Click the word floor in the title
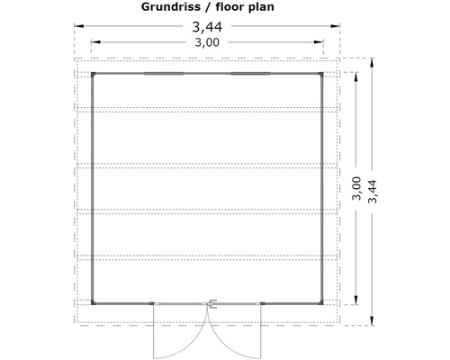pyautogui.click(x=236, y=8)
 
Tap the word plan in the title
pyautogui.click(x=274, y=8)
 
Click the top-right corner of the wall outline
pyautogui.click(x=323, y=72)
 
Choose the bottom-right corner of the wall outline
pyautogui.click(x=323, y=302)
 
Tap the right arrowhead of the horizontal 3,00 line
pyautogui.click(x=320, y=41)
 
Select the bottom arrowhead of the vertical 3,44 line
pyautogui.click(x=369, y=321)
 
